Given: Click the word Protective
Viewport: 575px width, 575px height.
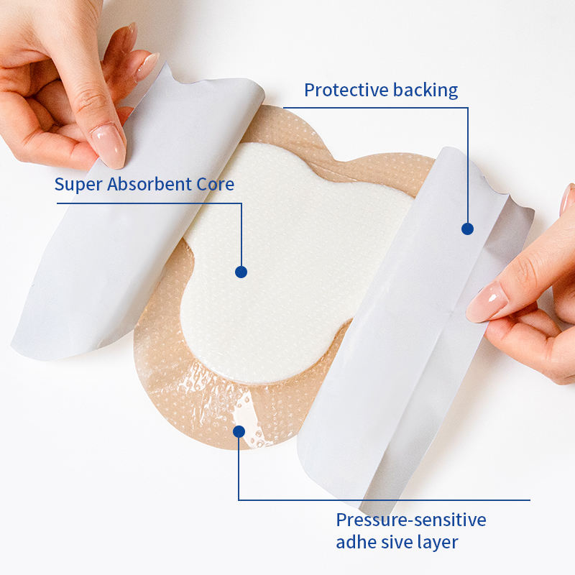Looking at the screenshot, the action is [x=346, y=90].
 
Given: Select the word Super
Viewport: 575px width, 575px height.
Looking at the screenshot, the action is [x=78, y=185].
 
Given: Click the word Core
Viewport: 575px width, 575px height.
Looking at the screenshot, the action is [x=216, y=185].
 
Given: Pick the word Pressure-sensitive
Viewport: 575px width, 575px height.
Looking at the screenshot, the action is [x=411, y=520].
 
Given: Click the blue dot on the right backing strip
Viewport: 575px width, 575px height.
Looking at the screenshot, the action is [x=467, y=229].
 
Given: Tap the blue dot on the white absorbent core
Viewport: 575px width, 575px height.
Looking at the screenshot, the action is [x=241, y=272].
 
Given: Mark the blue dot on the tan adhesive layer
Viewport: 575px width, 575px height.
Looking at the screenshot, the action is [x=239, y=431].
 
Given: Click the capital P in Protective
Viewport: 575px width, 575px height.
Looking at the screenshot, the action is [x=309, y=90].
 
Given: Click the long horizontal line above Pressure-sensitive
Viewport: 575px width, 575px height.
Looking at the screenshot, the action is [x=384, y=500].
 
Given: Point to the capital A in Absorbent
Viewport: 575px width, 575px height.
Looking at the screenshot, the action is [x=113, y=185].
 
